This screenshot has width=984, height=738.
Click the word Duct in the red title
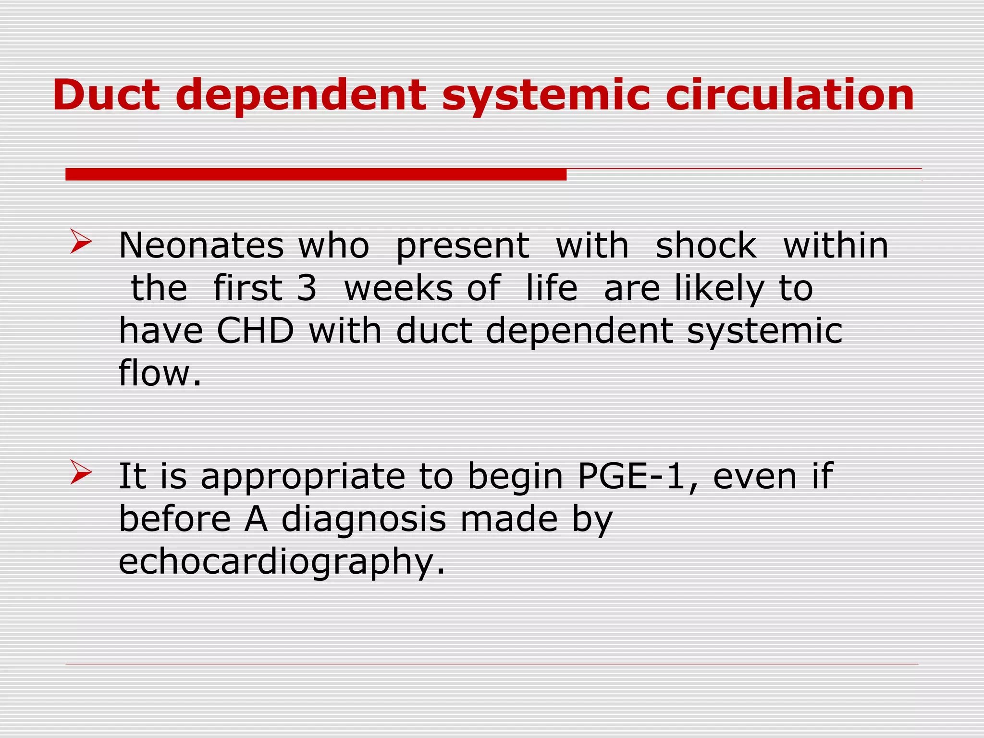[106, 95]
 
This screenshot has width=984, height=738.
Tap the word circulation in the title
[789, 95]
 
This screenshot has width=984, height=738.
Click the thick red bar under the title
[316, 174]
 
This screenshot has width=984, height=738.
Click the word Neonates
[201, 246]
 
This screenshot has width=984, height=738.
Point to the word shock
[706, 246]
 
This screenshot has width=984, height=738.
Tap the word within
[836, 246]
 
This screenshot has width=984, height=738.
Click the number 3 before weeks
[307, 288]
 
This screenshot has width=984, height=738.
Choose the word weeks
[398, 288]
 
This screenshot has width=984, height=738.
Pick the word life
[552, 288]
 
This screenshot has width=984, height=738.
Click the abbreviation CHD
[255, 331]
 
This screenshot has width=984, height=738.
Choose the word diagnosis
[364, 520]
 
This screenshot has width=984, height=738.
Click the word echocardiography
[282, 562]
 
